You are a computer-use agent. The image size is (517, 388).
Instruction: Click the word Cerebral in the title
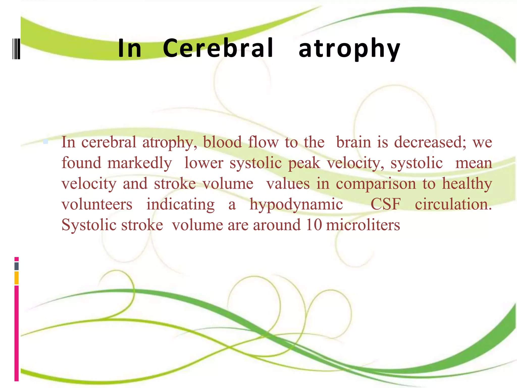218,48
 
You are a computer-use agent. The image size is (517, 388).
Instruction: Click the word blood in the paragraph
222,142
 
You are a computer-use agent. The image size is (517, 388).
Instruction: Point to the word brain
353,142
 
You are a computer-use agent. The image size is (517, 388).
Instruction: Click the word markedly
140,163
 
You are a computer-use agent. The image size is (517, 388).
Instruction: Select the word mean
474,163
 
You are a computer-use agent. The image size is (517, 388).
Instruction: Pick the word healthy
467,184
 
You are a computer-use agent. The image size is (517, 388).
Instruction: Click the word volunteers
97,204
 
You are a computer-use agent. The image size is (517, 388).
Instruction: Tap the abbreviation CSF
385,204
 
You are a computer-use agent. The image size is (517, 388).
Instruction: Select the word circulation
453,204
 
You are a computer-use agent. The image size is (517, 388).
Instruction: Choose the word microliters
363,225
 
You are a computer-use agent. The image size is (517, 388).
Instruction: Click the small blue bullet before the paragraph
45,141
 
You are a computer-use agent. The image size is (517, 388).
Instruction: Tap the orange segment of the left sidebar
17,278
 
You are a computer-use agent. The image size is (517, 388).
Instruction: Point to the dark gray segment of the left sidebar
17,266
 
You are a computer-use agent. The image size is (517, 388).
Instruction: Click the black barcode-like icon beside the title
16,48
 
